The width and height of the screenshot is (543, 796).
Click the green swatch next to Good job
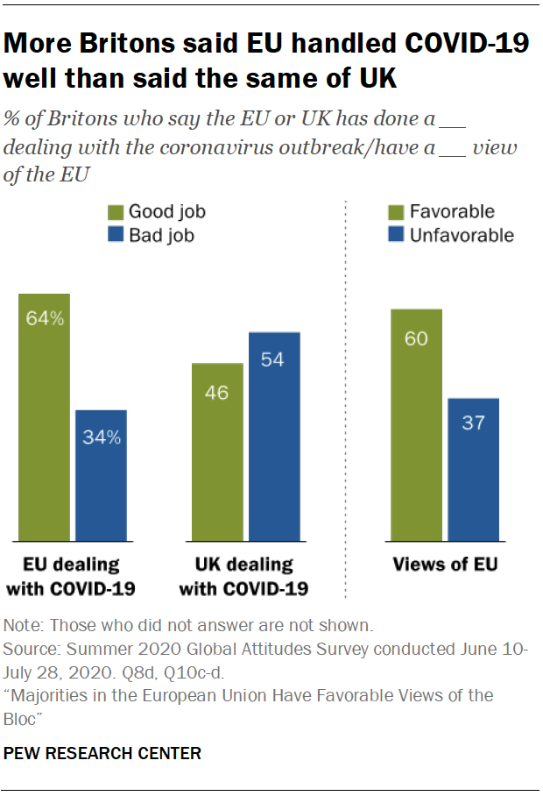click(115, 212)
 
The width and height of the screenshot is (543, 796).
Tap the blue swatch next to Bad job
click(115, 236)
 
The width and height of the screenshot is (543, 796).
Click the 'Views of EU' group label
click(445, 565)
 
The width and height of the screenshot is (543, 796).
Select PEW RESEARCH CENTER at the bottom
click(102, 752)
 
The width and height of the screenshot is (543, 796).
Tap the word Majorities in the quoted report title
click(48, 695)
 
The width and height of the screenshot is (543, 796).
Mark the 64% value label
click(44, 319)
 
